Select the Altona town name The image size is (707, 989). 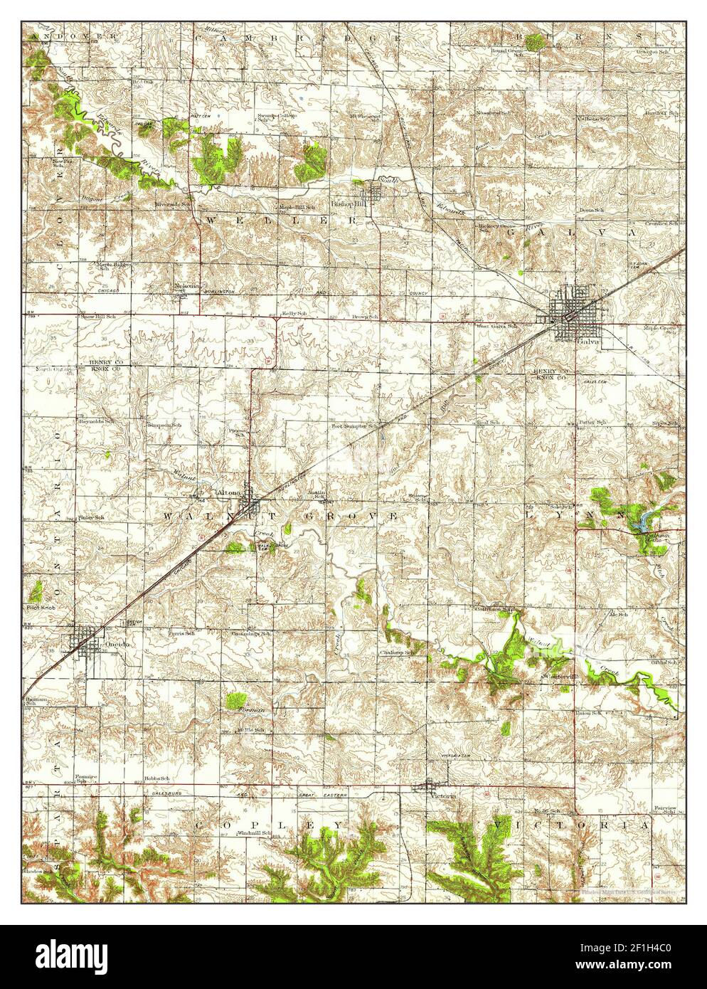click(x=230, y=492)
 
